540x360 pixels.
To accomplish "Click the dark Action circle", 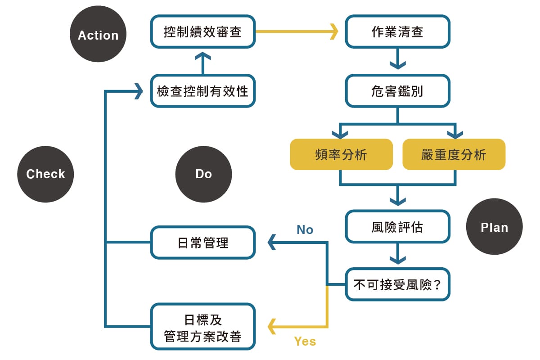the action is click(x=98, y=34).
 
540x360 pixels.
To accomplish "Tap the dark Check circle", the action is click(x=45, y=174).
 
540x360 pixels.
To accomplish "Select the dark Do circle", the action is click(x=204, y=174).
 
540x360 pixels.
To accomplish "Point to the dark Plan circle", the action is click(x=495, y=226).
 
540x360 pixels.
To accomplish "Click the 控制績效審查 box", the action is click(x=203, y=31).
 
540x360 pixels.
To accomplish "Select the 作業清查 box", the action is click(x=398, y=31).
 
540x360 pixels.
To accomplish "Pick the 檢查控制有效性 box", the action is click(x=203, y=91).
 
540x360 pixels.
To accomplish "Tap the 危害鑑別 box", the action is click(x=398, y=91).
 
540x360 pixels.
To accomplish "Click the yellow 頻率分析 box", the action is click(x=342, y=154).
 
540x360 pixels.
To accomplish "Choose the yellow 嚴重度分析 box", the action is click(x=454, y=154).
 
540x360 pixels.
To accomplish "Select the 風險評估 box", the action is click(x=398, y=227).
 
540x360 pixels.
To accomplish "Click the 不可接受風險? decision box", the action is click(x=398, y=284).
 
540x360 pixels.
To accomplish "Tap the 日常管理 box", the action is click(x=203, y=243).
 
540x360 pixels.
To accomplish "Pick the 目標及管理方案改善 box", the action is click(x=203, y=327).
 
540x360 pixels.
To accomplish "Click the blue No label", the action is click(x=305, y=229).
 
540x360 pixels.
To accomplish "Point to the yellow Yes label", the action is click(x=305, y=342).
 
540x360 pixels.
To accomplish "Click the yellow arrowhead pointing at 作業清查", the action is click(x=334, y=31).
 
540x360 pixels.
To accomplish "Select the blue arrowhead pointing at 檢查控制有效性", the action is click(x=139, y=91).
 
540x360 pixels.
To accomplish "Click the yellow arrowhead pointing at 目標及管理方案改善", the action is click(x=272, y=327).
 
